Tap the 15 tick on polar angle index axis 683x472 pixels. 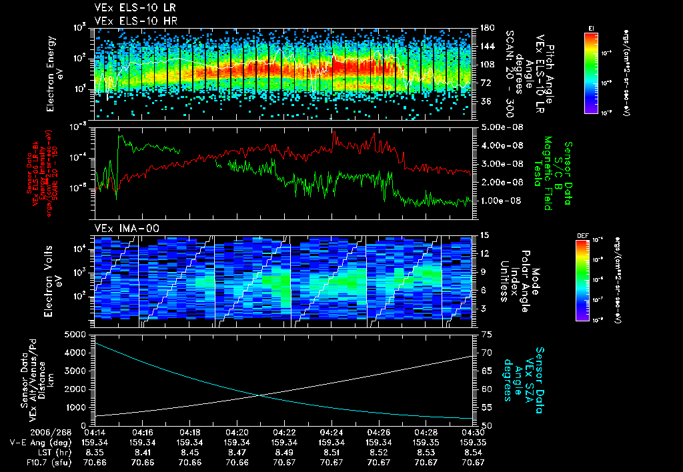tap(485, 235)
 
